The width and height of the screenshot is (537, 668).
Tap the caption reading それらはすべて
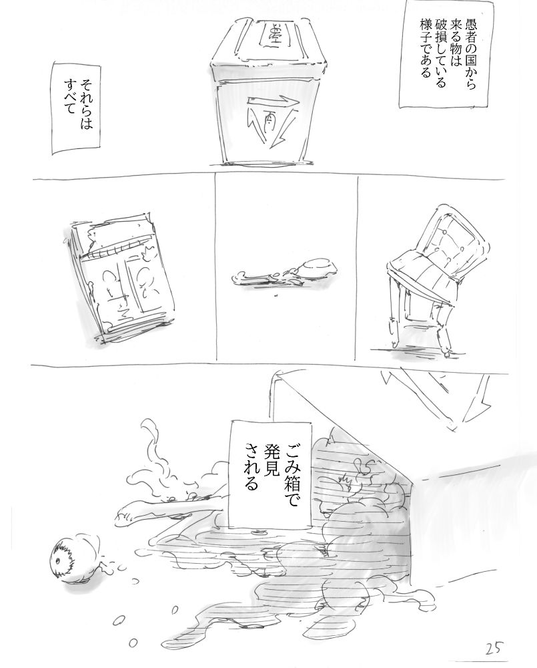point(77,109)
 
